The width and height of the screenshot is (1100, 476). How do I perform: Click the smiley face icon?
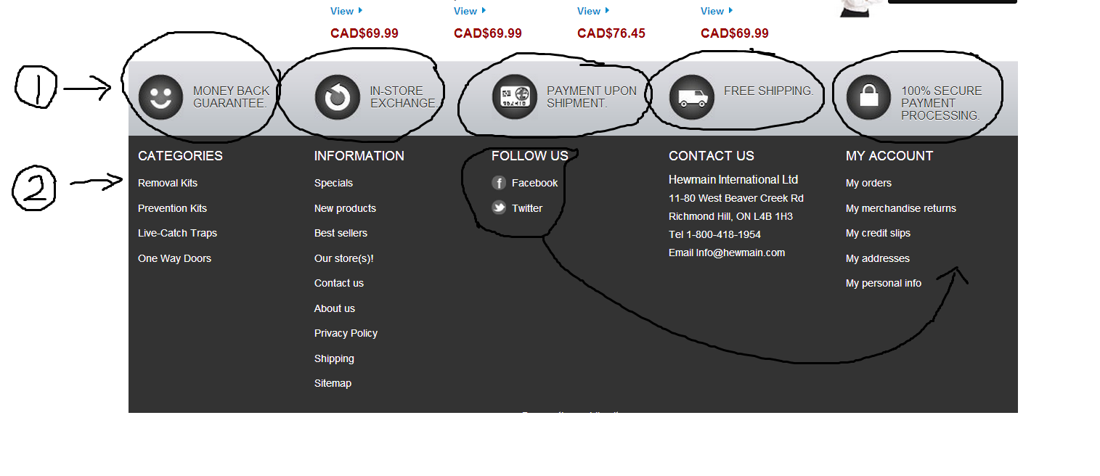[x=160, y=97]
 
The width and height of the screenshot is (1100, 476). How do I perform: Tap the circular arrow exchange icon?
[x=338, y=97]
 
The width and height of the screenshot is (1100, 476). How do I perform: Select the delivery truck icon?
[x=691, y=97]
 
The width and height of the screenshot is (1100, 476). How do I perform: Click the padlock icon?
[x=868, y=97]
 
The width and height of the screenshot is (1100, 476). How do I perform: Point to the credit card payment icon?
[x=514, y=97]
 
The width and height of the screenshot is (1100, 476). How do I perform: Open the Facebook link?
[x=534, y=183]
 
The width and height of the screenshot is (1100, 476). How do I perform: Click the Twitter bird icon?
[x=499, y=208]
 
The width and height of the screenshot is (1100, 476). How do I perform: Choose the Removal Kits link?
[x=168, y=183]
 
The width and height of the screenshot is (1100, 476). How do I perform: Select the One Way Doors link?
[x=174, y=258]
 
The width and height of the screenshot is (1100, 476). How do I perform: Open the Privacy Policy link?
[x=346, y=333]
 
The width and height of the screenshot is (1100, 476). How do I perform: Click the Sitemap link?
[x=333, y=383]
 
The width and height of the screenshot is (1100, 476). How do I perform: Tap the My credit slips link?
[x=878, y=233]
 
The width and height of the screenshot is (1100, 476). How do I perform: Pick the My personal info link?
[x=883, y=283]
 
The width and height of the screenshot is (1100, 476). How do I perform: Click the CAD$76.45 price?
[x=611, y=33]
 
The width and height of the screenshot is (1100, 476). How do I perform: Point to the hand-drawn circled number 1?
[x=36, y=88]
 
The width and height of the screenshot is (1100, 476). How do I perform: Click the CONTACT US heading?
[x=711, y=156]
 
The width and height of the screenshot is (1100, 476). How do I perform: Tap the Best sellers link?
[x=341, y=233]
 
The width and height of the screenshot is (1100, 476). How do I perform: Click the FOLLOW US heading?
[x=529, y=156]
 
